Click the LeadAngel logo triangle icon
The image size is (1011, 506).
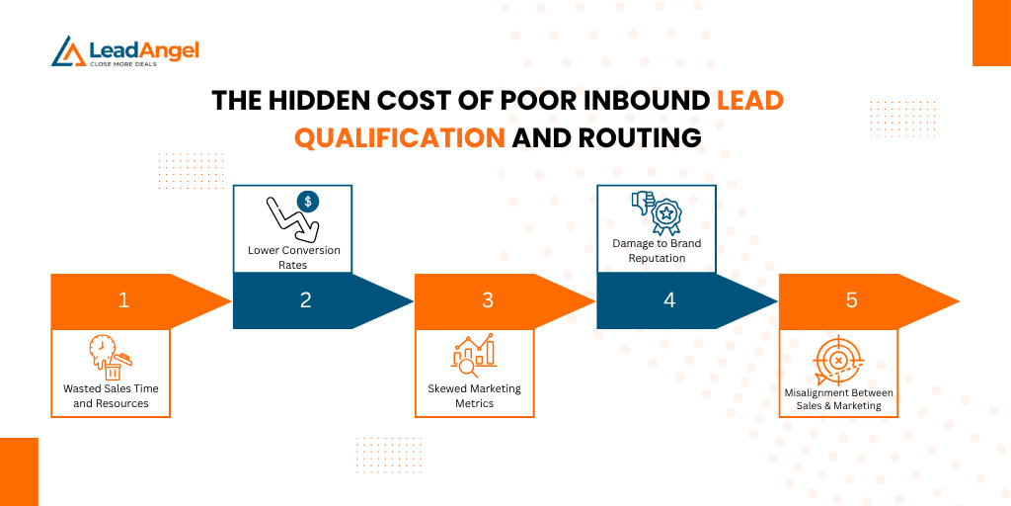(68, 52)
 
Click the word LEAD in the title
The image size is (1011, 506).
(750, 101)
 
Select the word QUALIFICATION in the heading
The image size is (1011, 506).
(399, 138)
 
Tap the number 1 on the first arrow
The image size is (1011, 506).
(123, 300)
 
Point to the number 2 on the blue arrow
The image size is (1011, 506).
(305, 300)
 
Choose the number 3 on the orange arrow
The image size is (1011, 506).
(487, 300)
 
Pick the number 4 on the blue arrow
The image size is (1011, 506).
(669, 300)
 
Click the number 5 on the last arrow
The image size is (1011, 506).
(851, 300)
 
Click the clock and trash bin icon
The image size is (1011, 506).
(110, 357)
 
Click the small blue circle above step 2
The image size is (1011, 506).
(308, 202)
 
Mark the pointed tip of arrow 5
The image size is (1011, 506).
(957, 300)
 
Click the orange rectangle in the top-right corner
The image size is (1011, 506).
(991, 33)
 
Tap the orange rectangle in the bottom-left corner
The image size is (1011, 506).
(19, 471)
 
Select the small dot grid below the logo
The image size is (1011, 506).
(191, 170)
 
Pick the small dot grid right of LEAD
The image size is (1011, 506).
(901, 119)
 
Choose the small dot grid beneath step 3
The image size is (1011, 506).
(388, 455)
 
